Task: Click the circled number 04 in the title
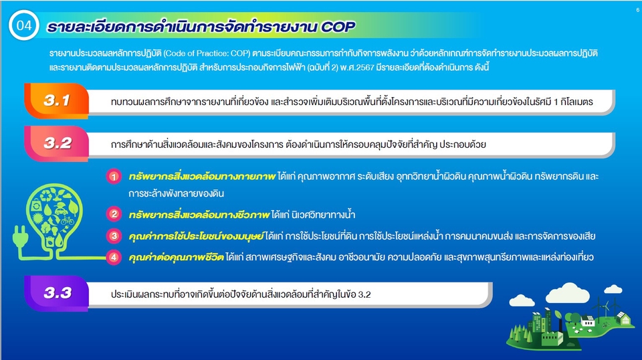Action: point(23,27)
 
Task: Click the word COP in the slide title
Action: point(333,28)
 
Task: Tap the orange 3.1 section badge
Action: point(57,101)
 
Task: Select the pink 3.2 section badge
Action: point(57,143)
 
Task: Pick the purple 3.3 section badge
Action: point(57,292)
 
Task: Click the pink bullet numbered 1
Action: point(114,177)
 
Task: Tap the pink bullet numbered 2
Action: point(114,215)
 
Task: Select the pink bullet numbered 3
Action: point(114,236)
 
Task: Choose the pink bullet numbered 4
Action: point(114,256)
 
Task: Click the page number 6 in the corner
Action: point(637,11)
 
